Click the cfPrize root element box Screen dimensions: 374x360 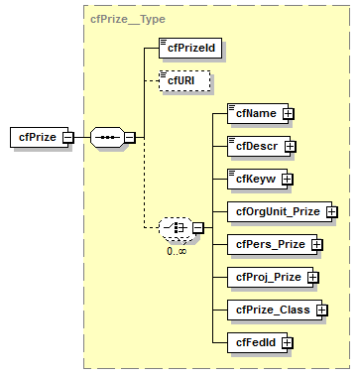[x=35, y=137]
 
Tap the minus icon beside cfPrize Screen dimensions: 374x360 [x=68, y=137]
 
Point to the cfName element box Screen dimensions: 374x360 [x=254, y=113]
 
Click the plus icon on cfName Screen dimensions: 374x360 [x=289, y=113]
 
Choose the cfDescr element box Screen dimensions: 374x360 [x=255, y=146]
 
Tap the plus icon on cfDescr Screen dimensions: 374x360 [x=291, y=146]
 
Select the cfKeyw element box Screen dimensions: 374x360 [x=254, y=179]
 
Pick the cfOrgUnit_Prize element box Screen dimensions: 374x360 [x=277, y=211]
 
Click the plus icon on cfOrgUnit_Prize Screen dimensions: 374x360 [x=332, y=211]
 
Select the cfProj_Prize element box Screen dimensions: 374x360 [x=267, y=276]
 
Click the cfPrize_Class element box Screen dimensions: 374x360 [x=271, y=310]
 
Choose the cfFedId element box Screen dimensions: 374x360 [x=254, y=342]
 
